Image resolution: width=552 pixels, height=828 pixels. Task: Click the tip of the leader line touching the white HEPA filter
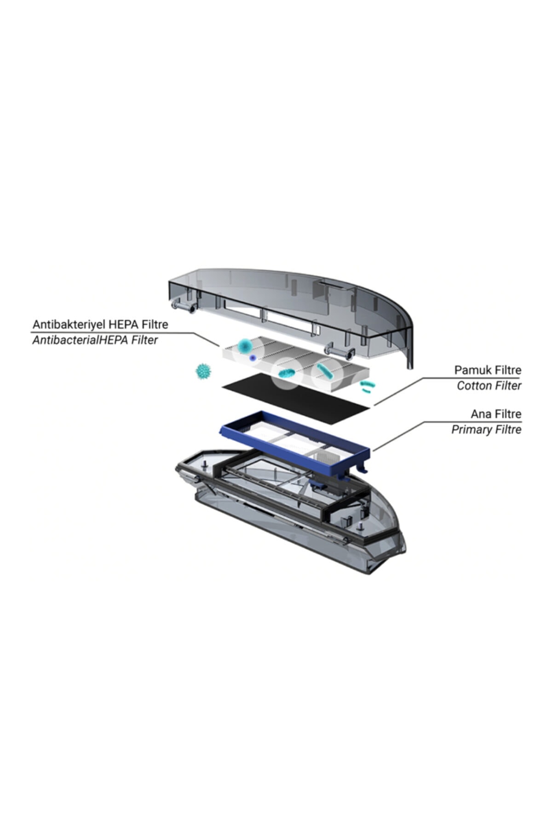click(x=219, y=347)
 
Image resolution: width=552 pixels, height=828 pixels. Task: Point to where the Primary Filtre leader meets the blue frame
click(x=373, y=450)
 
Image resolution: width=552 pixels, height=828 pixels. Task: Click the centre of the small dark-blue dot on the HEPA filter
click(x=252, y=357)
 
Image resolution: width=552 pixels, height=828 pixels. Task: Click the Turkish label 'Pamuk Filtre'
click(x=488, y=369)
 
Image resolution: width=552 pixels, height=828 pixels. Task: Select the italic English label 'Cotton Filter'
click(x=489, y=385)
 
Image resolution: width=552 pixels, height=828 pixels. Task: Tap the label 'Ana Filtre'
click(x=496, y=414)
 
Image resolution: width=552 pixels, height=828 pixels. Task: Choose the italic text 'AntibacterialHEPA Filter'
click(x=95, y=340)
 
